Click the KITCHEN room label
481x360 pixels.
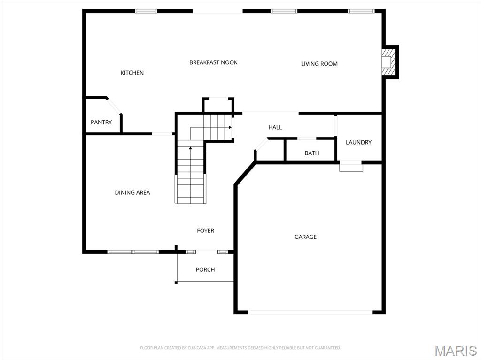(132, 73)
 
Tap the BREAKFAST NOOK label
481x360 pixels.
(213, 62)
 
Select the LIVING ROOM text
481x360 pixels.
(319, 64)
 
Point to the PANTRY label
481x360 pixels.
(101, 122)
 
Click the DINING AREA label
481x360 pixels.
(132, 192)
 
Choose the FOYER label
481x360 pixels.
(205, 230)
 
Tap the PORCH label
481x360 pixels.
(205, 269)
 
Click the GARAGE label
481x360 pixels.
(305, 237)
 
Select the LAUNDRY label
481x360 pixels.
(358, 142)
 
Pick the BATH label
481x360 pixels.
(311, 153)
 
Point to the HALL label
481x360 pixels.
(275, 127)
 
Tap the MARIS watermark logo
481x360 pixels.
(456, 350)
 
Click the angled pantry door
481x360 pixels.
(114, 106)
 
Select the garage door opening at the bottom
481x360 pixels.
(310, 312)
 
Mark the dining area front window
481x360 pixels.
(133, 252)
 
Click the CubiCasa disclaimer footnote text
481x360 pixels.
(240, 348)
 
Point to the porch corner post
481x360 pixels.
(176, 282)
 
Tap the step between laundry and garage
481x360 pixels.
(351, 166)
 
